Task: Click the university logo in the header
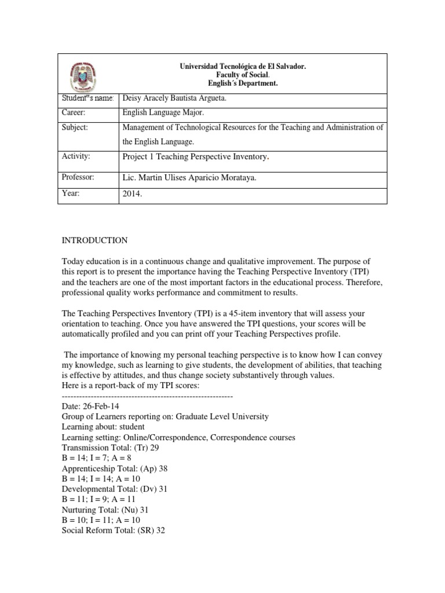click(89, 74)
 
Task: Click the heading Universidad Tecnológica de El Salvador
click(242, 67)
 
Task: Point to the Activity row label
click(74, 156)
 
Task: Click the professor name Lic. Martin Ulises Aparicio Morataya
click(189, 178)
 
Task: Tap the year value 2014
click(132, 195)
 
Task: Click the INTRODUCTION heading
click(94, 240)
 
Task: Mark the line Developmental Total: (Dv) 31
click(114, 489)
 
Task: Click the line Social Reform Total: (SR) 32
click(114, 530)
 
